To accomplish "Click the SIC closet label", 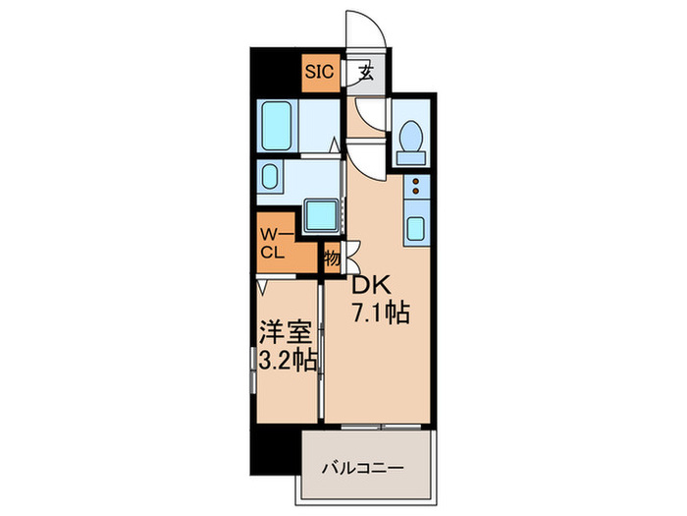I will pyautogui.click(x=319, y=72).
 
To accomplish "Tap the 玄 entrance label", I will pyautogui.click(x=364, y=72).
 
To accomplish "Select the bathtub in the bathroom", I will pyautogui.click(x=277, y=125).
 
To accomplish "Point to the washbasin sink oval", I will pyautogui.click(x=270, y=179).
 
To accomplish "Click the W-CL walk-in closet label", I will pyautogui.click(x=272, y=242).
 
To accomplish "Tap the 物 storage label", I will pyautogui.click(x=332, y=258).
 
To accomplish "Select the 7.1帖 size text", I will pyautogui.click(x=380, y=315).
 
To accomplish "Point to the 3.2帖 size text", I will pyautogui.click(x=286, y=360).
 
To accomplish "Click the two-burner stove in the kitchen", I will pyautogui.click(x=415, y=188).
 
